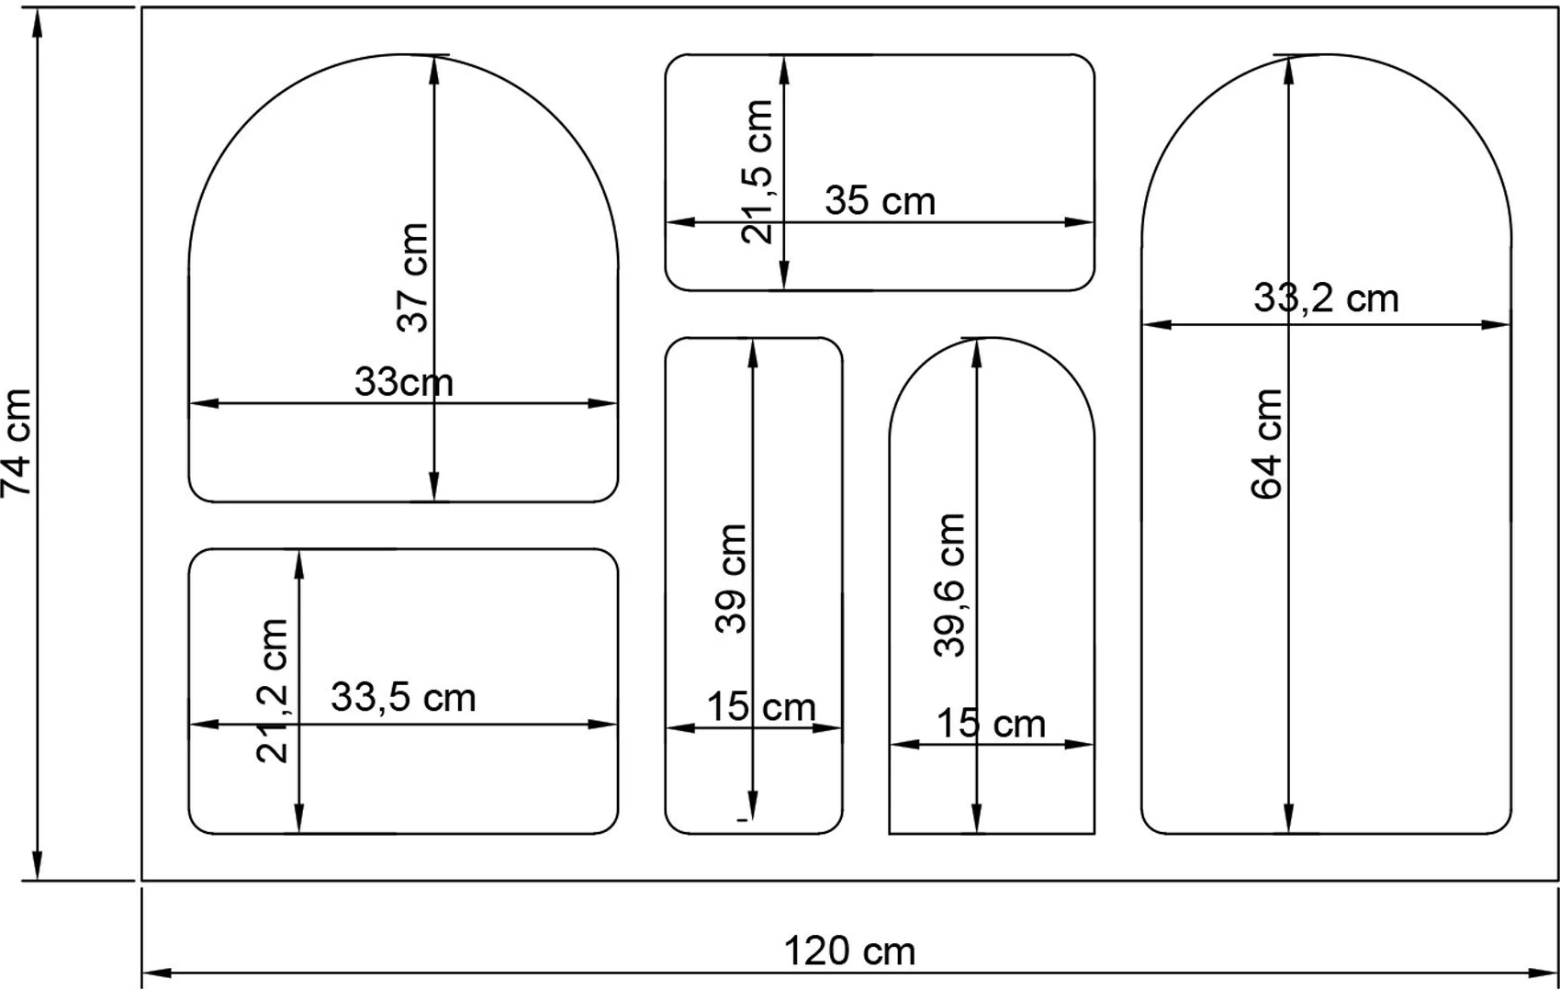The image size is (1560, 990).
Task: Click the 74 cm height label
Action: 17,443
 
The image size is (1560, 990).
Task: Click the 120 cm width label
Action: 849,951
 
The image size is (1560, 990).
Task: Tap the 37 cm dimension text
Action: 413,277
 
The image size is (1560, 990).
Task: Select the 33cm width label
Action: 404,382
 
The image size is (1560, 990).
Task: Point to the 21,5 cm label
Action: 757,172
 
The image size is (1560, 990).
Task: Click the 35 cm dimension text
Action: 881,200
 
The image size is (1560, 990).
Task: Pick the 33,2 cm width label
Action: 1326,298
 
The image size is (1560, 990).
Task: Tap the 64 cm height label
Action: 1266,444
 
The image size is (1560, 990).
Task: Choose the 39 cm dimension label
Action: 731,579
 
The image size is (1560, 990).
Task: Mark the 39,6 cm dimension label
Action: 949,584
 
